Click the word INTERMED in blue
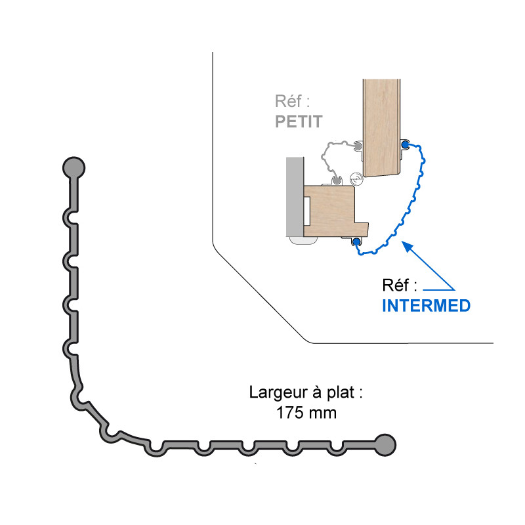[x=426, y=305]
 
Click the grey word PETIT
[x=299, y=121]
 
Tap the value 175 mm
[x=306, y=413]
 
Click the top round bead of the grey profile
[x=73, y=167]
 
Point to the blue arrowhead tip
[x=404, y=243]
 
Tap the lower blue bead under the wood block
[x=356, y=242]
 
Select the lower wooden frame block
[x=331, y=210]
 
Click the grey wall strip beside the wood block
[x=294, y=197]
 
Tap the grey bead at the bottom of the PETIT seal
[x=336, y=178]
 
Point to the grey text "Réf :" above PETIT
[x=291, y=102]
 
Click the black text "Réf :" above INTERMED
[x=400, y=286]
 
